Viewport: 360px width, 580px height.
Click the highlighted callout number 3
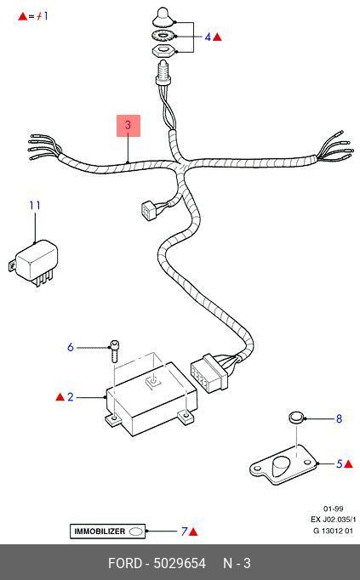point(128,125)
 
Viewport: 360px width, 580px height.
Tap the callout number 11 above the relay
point(35,206)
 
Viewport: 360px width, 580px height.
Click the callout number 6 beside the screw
point(71,347)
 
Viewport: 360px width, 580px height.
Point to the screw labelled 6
point(114,351)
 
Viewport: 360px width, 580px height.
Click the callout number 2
point(71,397)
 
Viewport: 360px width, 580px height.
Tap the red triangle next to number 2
point(60,397)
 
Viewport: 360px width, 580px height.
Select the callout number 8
point(339,418)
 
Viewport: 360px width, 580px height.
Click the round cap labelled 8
point(296,418)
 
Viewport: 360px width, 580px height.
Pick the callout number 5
point(340,463)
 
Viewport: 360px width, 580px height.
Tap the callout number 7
point(184,532)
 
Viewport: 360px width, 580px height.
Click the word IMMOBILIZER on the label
point(100,532)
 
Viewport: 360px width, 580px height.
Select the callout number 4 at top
point(208,37)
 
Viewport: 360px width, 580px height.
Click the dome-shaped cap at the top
point(163,17)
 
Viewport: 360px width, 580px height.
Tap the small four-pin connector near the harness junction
point(149,210)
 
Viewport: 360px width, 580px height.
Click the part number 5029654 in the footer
point(180,563)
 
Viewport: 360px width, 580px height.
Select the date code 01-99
point(333,509)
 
